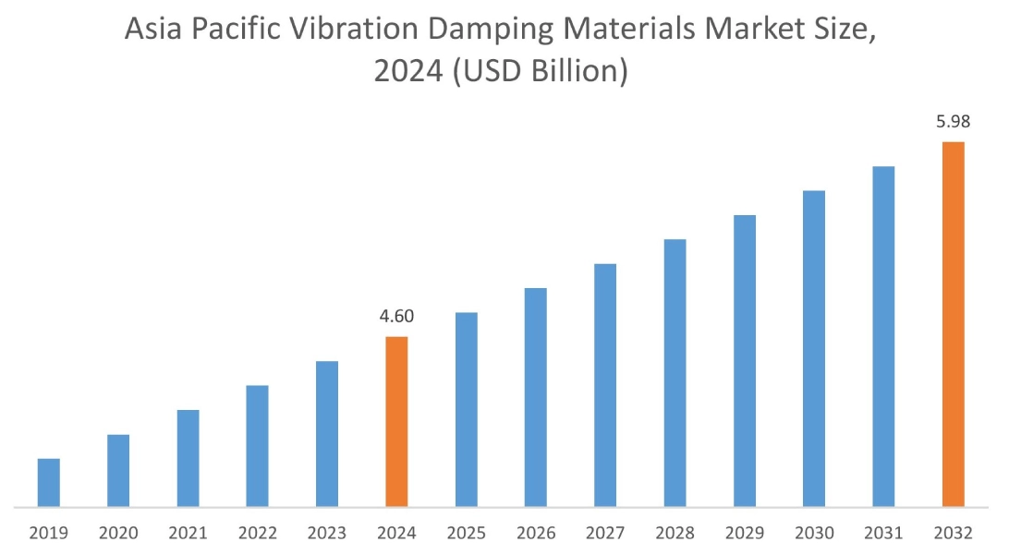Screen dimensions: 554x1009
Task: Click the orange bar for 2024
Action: [x=396, y=421]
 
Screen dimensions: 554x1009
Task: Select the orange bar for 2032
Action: [x=953, y=324]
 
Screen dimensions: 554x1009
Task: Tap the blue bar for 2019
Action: [x=49, y=482]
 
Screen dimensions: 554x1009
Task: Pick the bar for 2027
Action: [x=605, y=385]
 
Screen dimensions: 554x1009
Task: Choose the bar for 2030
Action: [x=814, y=348]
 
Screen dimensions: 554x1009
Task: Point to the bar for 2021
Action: [x=188, y=458]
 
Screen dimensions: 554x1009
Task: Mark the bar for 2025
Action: [x=467, y=409]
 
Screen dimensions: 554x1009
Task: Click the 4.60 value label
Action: [x=396, y=317]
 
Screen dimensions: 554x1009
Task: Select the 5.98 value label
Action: [x=953, y=122]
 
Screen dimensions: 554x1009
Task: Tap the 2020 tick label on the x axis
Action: [x=118, y=533]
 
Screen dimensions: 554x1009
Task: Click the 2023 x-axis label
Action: [x=327, y=533]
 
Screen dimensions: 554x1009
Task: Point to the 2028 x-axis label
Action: [x=675, y=533]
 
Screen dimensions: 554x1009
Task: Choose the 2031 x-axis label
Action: [x=883, y=533]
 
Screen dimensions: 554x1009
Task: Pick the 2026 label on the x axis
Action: [x=536, y=533]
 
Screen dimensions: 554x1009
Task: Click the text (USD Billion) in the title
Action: [x=537, y=72]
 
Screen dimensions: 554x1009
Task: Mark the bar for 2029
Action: [x=745, y=360]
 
